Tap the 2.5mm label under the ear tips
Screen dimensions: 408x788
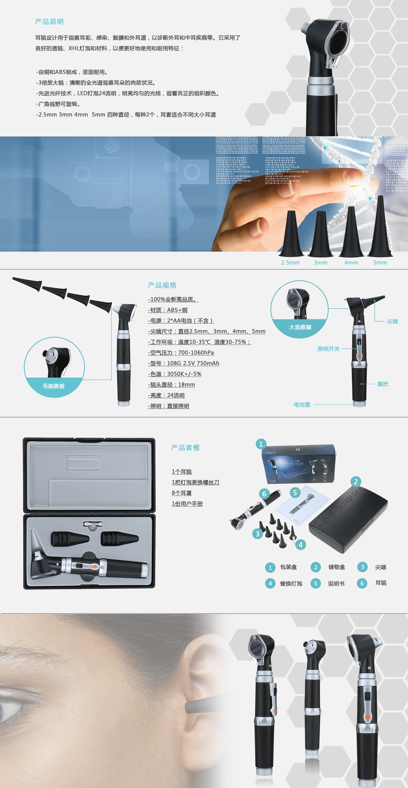coord(290,263)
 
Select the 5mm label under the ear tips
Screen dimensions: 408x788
coord(380,263)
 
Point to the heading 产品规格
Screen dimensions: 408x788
coord(162,285)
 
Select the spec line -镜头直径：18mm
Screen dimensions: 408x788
coord(171,385)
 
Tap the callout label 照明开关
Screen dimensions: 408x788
coord(328,349)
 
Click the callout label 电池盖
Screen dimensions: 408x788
coord(302,405)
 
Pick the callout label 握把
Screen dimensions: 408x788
coord(383,384)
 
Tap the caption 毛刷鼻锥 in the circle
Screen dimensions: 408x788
coord(54,386)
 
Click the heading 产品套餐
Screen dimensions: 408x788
coord(185,448)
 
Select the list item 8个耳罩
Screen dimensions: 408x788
coord(182,493)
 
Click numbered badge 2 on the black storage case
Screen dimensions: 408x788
coord(356,482)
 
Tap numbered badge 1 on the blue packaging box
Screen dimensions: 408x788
coord(261,444)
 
